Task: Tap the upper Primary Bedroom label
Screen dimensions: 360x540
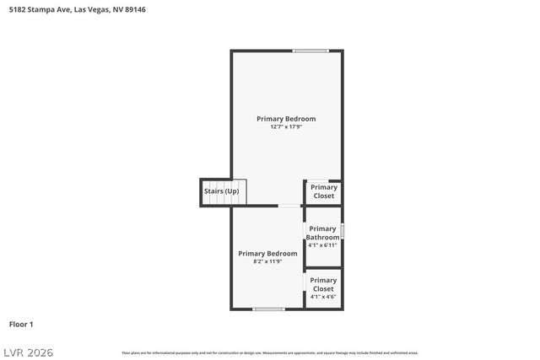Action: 286,119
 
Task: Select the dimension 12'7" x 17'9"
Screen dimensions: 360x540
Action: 286,127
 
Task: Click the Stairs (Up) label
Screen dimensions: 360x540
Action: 221,191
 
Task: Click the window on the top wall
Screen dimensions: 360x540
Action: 310,51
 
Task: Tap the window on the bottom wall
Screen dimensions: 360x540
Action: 268,309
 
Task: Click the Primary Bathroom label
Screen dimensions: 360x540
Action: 322,233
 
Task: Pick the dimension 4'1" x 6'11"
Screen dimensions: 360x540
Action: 322,245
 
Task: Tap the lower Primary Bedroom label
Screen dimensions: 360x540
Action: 267,253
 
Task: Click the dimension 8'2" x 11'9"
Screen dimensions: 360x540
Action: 267,261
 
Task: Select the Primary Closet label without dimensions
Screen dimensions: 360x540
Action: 324,191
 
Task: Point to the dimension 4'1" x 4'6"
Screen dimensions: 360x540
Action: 323,297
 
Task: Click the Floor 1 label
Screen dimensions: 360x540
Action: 21,324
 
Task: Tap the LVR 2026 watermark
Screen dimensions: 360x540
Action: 27,350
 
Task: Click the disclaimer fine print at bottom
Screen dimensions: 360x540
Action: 270,352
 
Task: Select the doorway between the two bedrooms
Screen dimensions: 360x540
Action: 289,205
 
